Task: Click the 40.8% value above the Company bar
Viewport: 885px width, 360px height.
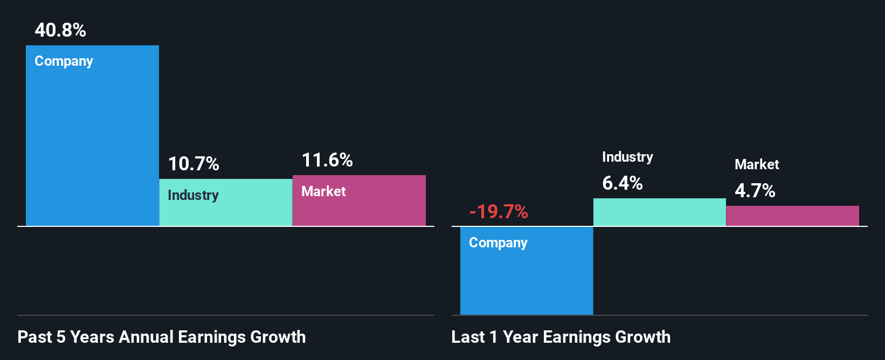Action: [x=60, y=30]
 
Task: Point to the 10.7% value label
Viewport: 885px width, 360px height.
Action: [x=193, y=164]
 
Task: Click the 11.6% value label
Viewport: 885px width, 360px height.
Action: [x=327, y=160]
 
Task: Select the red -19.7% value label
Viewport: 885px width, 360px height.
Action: [x=499, y=212]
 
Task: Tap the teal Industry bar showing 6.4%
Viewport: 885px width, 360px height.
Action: [x=659, y=212]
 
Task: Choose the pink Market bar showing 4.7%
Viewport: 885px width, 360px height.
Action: [x=792, y=216]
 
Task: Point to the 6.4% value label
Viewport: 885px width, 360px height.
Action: [x=623, y=183]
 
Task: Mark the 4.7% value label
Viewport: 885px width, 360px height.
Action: [x=755, y=191]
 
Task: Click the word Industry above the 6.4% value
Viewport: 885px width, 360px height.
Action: [x=627, y=157]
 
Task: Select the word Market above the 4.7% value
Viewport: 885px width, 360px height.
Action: [x=757, y=164]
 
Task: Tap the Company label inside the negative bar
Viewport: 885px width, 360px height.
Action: [x=498, y=243]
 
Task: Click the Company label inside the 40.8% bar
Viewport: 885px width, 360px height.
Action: [x=64, y=61]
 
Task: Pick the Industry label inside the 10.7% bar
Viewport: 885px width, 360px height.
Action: [x=193, y=195]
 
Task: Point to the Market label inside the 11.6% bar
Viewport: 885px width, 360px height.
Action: [x=323, y=191]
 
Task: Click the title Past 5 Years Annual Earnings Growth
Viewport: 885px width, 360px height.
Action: [x=162, y=337]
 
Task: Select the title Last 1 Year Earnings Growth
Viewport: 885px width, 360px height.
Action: [x=561, y=337]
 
